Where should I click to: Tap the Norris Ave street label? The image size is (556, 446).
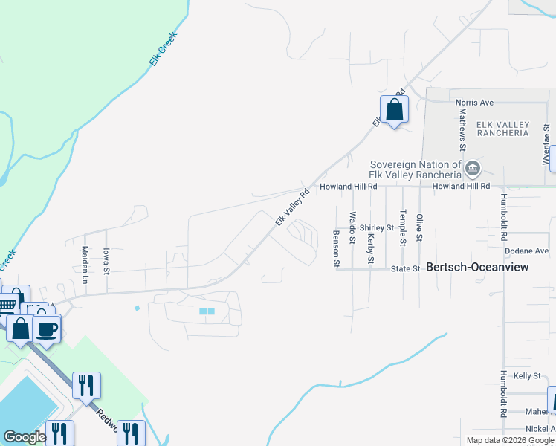(474, 103)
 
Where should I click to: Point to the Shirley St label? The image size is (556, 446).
(376, 227)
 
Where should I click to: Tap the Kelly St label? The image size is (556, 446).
(527, 376)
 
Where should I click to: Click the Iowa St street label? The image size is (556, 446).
(106, 261)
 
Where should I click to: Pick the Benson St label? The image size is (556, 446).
(336, 248)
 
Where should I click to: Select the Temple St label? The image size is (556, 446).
(402, 228)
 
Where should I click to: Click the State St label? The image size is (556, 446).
(406, 268)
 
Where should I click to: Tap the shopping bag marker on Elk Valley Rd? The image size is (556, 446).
(394, 111)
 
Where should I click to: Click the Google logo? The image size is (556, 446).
(25, 438)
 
